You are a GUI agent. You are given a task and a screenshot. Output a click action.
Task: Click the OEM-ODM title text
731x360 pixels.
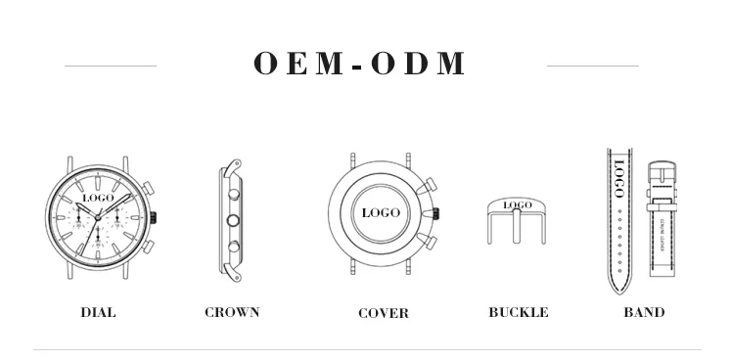360,64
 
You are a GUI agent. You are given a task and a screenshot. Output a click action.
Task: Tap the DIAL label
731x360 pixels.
98,312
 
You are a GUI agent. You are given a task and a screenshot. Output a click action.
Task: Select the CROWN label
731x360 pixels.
232,312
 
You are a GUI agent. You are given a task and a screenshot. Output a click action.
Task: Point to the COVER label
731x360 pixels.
384,313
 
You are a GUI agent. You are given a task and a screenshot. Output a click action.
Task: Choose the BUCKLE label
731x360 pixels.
518,312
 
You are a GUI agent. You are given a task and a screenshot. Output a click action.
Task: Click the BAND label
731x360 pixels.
644,312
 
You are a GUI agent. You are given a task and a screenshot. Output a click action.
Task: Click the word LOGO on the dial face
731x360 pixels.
98,198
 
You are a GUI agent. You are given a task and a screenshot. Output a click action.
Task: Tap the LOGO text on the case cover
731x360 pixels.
381,212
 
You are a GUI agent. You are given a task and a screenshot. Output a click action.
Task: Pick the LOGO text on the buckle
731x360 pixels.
518,205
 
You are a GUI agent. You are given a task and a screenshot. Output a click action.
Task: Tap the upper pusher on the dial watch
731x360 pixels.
146,186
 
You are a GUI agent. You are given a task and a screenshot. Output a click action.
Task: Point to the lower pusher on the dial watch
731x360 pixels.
146,247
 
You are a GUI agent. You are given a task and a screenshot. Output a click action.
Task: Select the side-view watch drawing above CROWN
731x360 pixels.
232,220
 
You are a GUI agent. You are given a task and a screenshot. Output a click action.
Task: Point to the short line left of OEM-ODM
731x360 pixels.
110,66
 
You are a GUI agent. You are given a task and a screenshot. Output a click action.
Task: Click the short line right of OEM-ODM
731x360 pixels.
592,66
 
